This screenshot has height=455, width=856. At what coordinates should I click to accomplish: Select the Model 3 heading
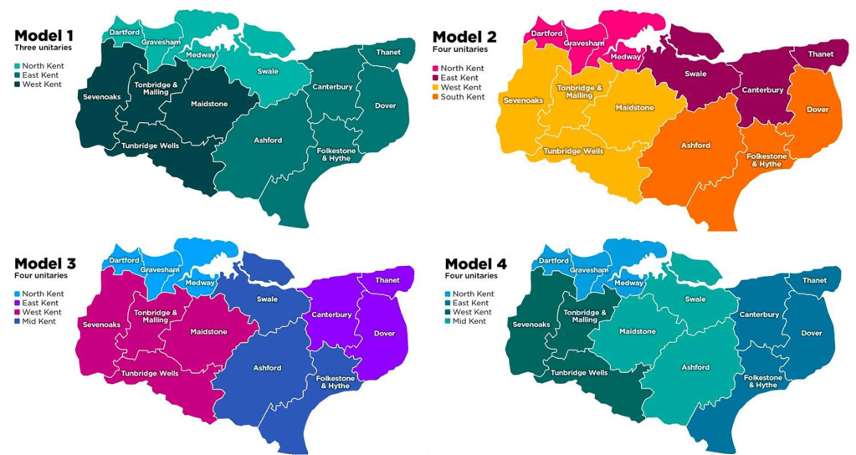point(45,263)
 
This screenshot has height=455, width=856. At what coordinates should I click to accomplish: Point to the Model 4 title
point(477,263)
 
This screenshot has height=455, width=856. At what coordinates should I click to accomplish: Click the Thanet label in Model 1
point(387,52)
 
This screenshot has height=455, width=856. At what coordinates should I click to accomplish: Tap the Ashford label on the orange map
point(695,145)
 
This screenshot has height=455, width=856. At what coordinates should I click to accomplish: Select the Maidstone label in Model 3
point(208,331)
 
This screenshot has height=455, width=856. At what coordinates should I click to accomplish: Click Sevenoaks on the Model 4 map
point(531,324)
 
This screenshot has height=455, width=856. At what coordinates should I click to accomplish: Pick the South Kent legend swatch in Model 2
point(435,97)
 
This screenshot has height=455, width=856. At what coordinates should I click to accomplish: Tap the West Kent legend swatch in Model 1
point(18,84)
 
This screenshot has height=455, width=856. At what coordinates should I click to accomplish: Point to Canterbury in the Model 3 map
point(332,314)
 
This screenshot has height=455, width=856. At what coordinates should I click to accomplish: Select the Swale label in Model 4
point(695,299)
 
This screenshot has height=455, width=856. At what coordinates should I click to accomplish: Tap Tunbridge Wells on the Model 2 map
point(573,151)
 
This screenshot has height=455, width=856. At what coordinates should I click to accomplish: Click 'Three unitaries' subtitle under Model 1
point(42,49)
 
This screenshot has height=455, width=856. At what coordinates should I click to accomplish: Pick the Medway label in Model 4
point(628,283)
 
